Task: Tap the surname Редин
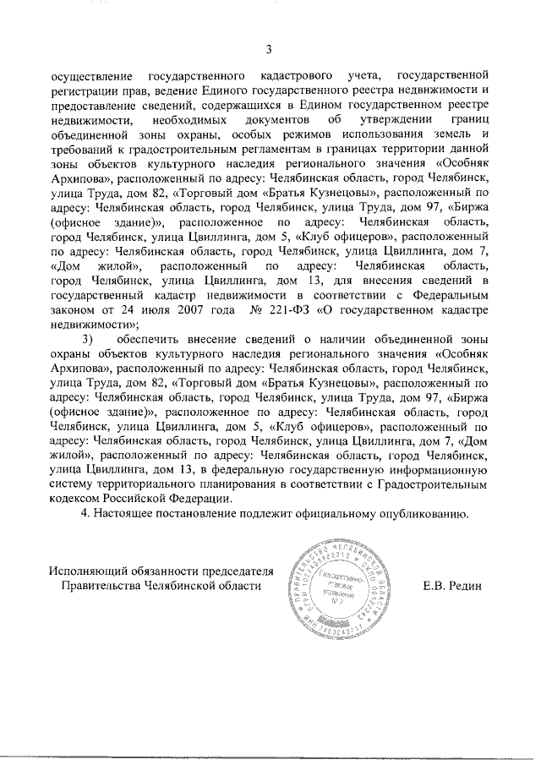pos(473,584)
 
